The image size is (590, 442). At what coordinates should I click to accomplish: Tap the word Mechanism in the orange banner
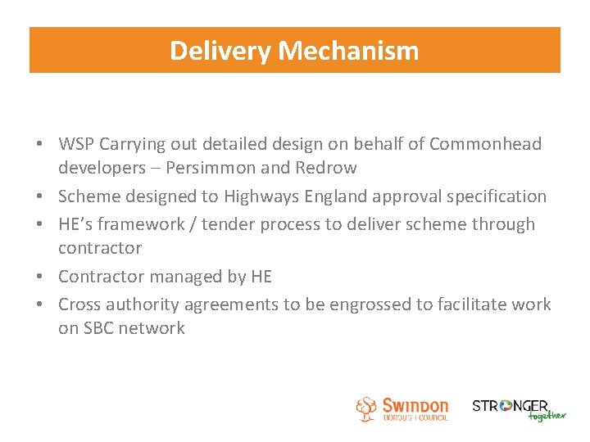point(348,51)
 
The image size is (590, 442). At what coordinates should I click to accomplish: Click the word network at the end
point(155,328)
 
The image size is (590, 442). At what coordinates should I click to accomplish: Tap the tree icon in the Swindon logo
point(366,408)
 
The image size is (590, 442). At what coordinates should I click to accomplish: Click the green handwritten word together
point(547,415)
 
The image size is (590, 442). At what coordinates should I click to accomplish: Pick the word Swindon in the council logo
point(415,405)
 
